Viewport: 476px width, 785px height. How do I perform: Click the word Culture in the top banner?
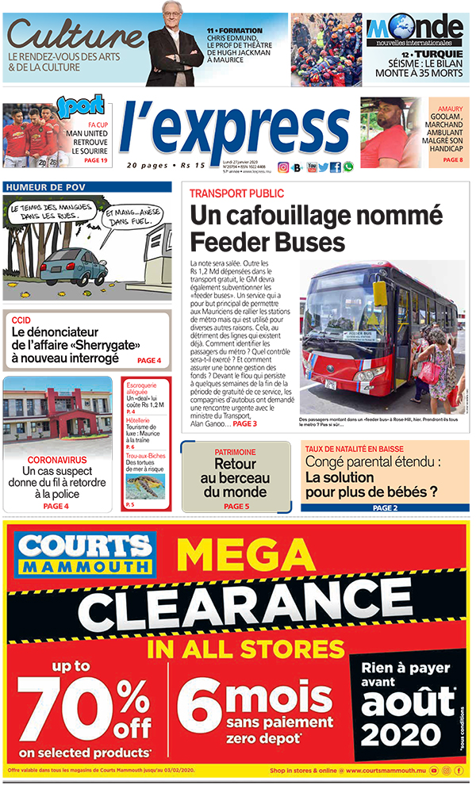(75, 36)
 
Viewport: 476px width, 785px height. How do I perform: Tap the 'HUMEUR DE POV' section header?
(45, 187)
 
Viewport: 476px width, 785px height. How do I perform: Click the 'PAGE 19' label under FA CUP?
(95, 160)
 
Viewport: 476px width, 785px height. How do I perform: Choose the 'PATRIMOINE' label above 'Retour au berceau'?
(235, 452)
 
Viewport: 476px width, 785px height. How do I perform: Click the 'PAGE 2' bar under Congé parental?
(385, 507)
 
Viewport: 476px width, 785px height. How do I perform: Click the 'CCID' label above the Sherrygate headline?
(21, 320)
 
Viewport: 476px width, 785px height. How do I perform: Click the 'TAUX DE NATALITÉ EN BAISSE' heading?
(356, 449)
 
